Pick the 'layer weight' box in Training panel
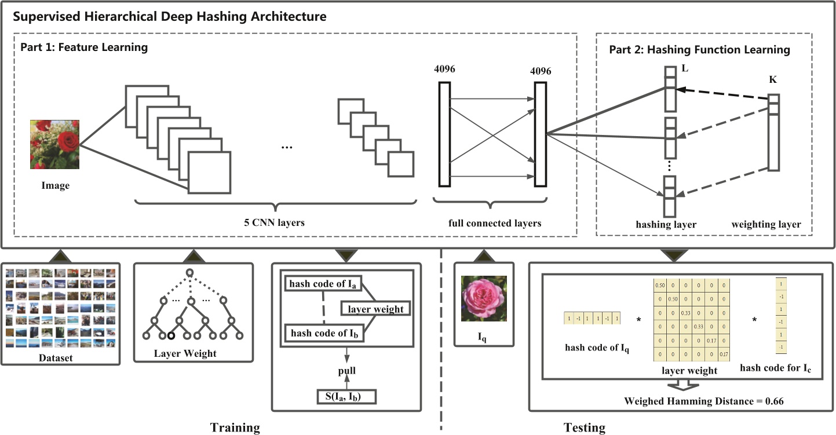click(375, 309)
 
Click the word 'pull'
click(347, 370)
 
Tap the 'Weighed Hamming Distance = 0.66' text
click(703, 401)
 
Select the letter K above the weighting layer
click(773, 79)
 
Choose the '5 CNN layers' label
click(275, 222)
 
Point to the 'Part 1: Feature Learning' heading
click(85, 47)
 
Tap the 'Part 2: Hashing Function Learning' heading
click(699, 50)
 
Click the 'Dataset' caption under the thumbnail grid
click(60, 357)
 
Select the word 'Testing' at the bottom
click(584, 427)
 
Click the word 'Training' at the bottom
click(235, 427)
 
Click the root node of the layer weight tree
click(188, 273)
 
